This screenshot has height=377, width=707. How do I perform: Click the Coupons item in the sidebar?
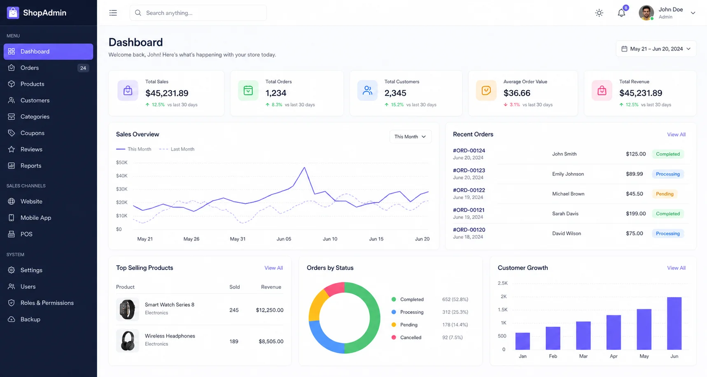click(32, 133)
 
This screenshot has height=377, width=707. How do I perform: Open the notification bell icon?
click(621, 13)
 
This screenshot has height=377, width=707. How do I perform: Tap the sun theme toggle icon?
click(599, 13)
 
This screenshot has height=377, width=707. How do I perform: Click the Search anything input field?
click(198, 13)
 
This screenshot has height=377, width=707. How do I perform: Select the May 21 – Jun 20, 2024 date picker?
click(656, 49)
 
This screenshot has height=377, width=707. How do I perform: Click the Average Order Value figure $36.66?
click(517, 93)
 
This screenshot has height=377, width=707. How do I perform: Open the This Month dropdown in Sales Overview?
click(410, 137)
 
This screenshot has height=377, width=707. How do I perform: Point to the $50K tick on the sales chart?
click(122, 163)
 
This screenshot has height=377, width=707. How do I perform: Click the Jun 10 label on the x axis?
click(330, 239)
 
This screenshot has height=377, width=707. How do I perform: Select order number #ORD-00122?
click(469, 190)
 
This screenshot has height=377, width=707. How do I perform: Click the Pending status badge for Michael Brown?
click(665, 194)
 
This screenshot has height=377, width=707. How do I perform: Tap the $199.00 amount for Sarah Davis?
click(636, 214)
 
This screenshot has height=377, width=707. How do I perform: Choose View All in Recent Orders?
click(676, 135)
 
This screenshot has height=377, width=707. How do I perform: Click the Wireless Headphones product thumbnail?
click(128, 341)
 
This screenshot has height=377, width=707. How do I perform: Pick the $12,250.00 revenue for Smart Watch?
click(270, 310)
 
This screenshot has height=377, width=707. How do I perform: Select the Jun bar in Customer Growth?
click(674, 323)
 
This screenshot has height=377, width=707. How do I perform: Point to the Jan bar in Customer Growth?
click(523, 341)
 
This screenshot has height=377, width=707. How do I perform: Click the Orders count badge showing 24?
click(83, 68)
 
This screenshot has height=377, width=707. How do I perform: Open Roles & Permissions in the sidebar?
click(47, 303)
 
